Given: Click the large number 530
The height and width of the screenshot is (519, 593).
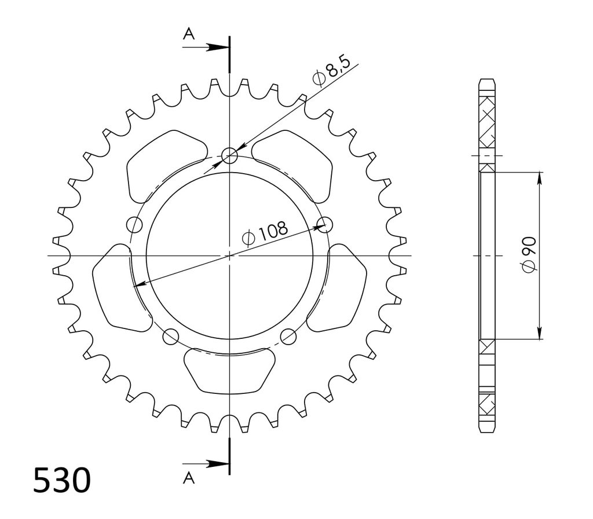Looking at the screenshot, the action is [62, 480].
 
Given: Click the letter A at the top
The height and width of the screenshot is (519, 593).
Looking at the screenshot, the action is [189, 34].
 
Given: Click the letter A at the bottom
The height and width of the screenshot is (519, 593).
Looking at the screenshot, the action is [189, 478].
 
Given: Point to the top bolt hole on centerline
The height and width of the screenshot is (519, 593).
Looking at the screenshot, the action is [229, 155].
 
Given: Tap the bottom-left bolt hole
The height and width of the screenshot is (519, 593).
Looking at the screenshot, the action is [170, 336].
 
